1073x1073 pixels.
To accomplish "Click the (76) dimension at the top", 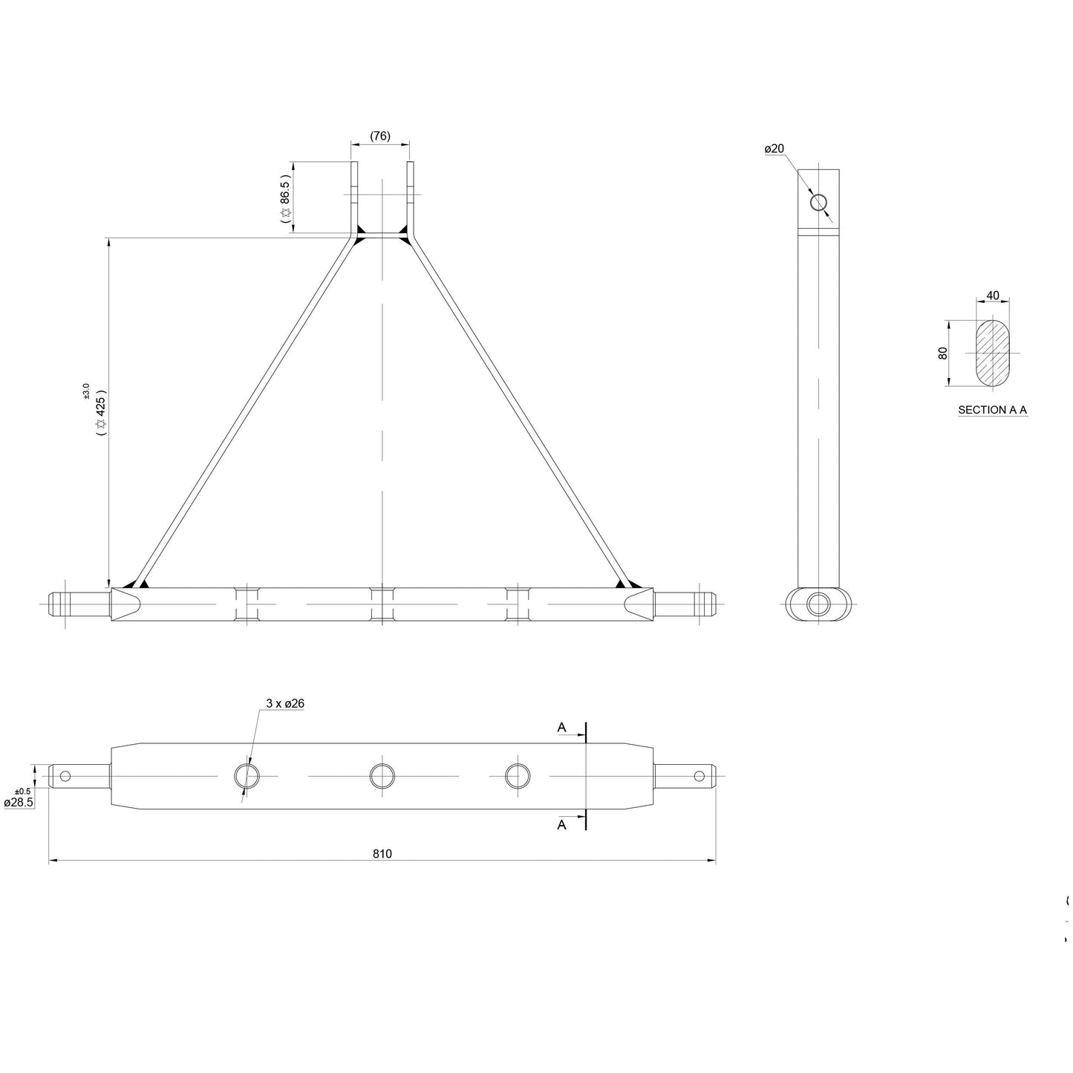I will tap(379, 136).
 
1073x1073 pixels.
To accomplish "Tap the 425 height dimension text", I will tap(101, 411).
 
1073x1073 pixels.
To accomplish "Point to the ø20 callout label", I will tap(774, 149).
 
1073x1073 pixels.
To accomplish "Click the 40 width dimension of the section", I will tap(992, 296).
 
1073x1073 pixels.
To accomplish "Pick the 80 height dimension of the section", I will tap(943, 353).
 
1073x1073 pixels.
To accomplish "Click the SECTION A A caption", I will tap(992, 410).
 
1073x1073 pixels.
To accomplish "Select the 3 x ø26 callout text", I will tap(285, 702).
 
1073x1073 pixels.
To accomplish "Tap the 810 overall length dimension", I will tap(382, 854).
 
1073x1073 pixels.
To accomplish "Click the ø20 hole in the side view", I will tap(819, 202).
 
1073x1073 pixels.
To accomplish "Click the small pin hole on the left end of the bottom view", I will tap(65, 776).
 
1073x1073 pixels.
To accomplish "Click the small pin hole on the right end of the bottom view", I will tap(699, 776).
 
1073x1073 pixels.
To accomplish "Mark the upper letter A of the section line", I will tap(562, 728).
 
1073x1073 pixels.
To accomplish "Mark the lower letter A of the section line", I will tap(562, 824).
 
